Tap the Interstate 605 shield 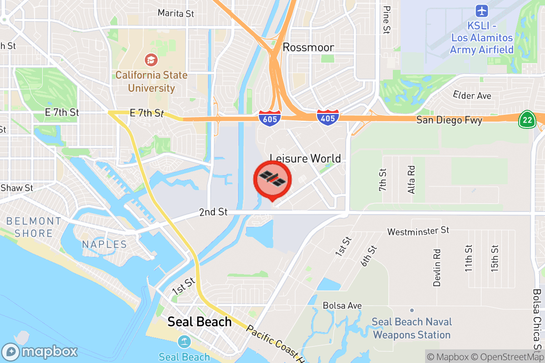pos(270,118)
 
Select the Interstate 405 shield pos(328,118)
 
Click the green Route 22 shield pos(527,119)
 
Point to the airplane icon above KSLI pos(481,10)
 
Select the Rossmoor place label pos(308,47)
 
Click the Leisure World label pos(305,158)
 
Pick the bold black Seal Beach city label pos(199,322)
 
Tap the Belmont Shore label pos(34,227)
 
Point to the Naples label pos(104,245)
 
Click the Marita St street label pos(176,14)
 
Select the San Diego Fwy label pos(449,120)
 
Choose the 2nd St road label pos(213,212)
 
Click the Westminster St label pos(418,231)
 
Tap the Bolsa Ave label pos(342,305)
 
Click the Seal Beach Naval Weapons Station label pos(411,329)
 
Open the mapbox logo pos(40,352)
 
